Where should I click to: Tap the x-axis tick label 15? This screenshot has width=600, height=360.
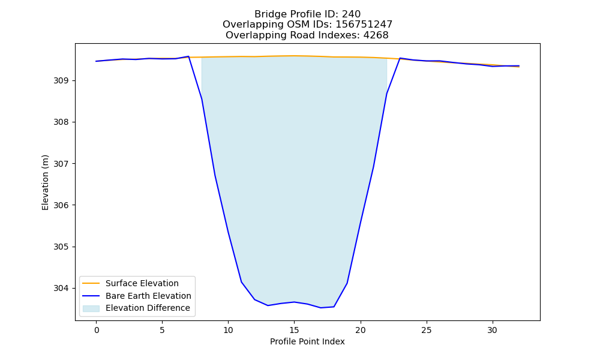[294, 330]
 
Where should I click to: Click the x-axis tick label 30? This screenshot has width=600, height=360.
[493, 330]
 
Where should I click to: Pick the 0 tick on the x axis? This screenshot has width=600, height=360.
[97, 330]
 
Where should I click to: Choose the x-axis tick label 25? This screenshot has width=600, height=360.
[426, 330]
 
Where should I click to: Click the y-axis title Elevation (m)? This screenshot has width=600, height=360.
[45, 182]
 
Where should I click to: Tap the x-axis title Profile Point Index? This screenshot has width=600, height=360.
[307, 341]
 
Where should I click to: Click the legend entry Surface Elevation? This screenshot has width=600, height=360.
[142, 283]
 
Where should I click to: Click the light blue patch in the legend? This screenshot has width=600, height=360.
[91, 308]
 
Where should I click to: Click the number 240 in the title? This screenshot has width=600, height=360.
[351, 14]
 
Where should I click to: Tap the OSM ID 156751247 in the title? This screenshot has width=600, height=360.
[364, 25]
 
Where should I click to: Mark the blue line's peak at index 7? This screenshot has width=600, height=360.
[188, 56]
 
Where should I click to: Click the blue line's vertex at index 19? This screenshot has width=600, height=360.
[347, 283]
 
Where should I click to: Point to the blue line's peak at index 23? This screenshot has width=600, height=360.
[400, 58]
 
